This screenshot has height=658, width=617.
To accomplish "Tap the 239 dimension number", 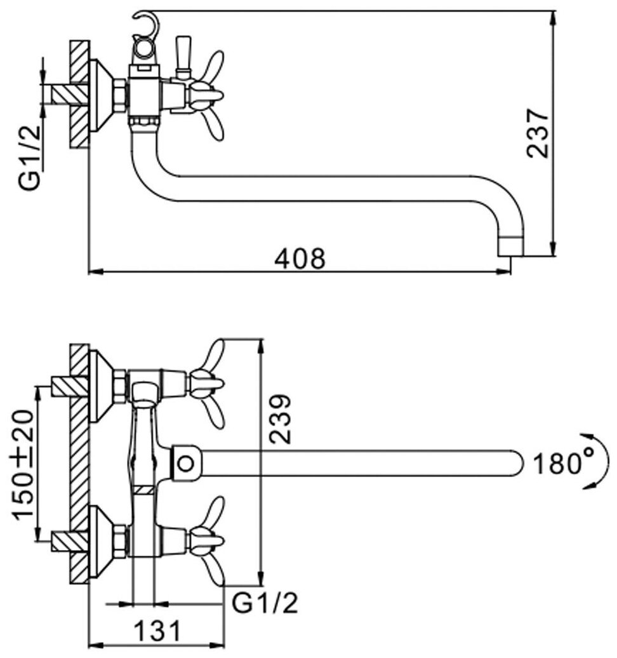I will (279, 419).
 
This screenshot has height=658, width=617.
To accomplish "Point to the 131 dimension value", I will (157, 632).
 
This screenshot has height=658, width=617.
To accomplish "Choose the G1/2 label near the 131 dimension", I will (265, 603).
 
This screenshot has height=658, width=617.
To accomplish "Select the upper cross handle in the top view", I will (209, 384).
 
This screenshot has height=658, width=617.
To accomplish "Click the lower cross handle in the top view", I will (209, 540).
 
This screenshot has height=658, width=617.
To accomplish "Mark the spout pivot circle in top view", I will (185, 463).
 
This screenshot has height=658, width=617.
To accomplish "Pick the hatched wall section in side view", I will (79, 95).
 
